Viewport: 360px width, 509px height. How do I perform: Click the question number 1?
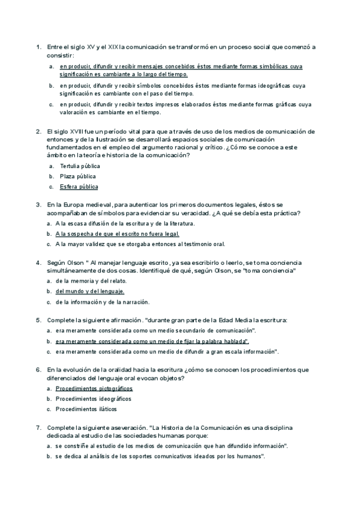37,47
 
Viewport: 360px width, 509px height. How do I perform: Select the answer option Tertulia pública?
80,166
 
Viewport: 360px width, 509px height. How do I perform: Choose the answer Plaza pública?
77,176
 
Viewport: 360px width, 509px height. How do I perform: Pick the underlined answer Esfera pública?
79,187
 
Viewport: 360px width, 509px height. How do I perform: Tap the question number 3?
37,205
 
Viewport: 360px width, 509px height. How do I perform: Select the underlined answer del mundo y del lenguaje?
90,291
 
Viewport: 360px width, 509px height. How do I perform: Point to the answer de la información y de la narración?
102,302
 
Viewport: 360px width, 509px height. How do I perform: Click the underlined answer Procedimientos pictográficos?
94,389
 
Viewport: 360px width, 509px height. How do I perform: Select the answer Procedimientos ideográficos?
94,399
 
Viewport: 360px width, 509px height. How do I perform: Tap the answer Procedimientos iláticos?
88,409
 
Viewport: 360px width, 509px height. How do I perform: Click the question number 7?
37,427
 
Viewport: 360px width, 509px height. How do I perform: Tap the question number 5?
37,321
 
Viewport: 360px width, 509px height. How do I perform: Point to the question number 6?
37,370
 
